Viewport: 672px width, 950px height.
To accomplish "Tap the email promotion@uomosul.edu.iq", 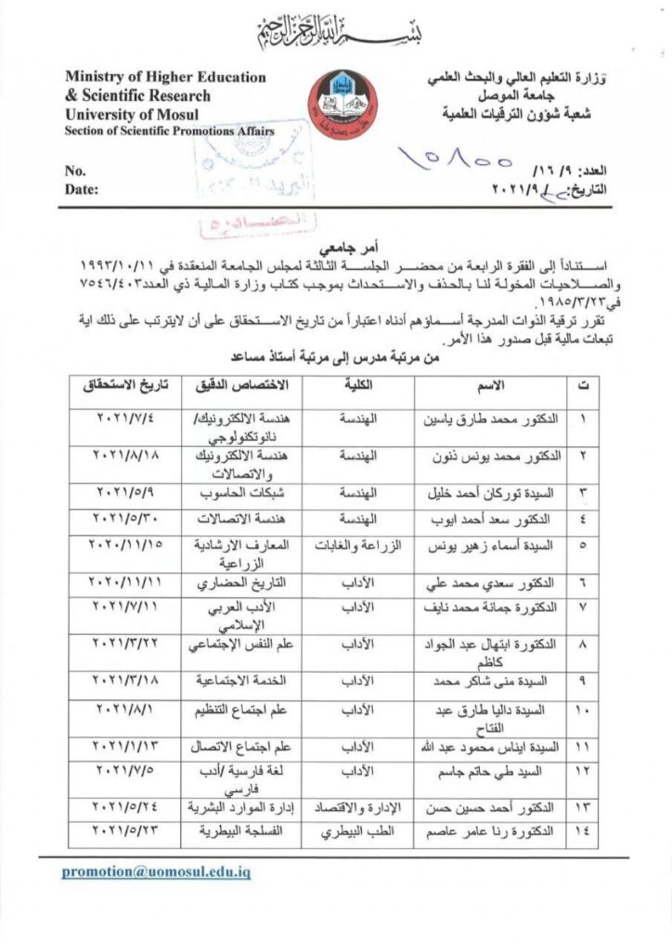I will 156,872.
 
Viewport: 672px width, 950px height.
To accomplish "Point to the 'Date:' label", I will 81,188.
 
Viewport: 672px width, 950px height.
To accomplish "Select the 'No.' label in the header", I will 75,171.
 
